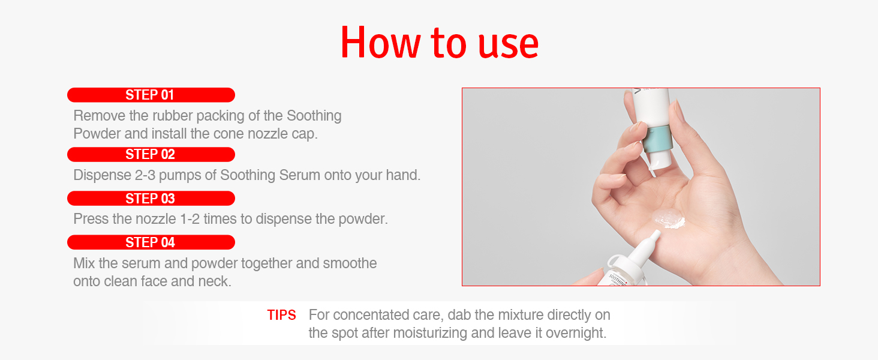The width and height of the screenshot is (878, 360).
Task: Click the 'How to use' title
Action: (440, 43)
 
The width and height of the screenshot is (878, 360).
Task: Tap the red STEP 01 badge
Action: (151, 95)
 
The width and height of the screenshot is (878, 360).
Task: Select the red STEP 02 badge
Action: (151, 155)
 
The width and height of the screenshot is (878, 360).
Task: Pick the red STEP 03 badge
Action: (151, 199)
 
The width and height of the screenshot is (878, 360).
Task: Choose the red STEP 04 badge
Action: (151, 242)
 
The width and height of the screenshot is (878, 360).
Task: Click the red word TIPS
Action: (281, 315)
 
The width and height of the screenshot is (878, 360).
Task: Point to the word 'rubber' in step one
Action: (172, 116)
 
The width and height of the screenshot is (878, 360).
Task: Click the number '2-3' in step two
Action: (145, 175)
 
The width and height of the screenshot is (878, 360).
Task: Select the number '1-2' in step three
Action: (190, 219)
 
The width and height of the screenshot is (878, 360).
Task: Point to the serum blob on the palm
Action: (669, 219)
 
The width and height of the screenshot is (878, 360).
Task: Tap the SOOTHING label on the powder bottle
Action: (618, 279)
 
